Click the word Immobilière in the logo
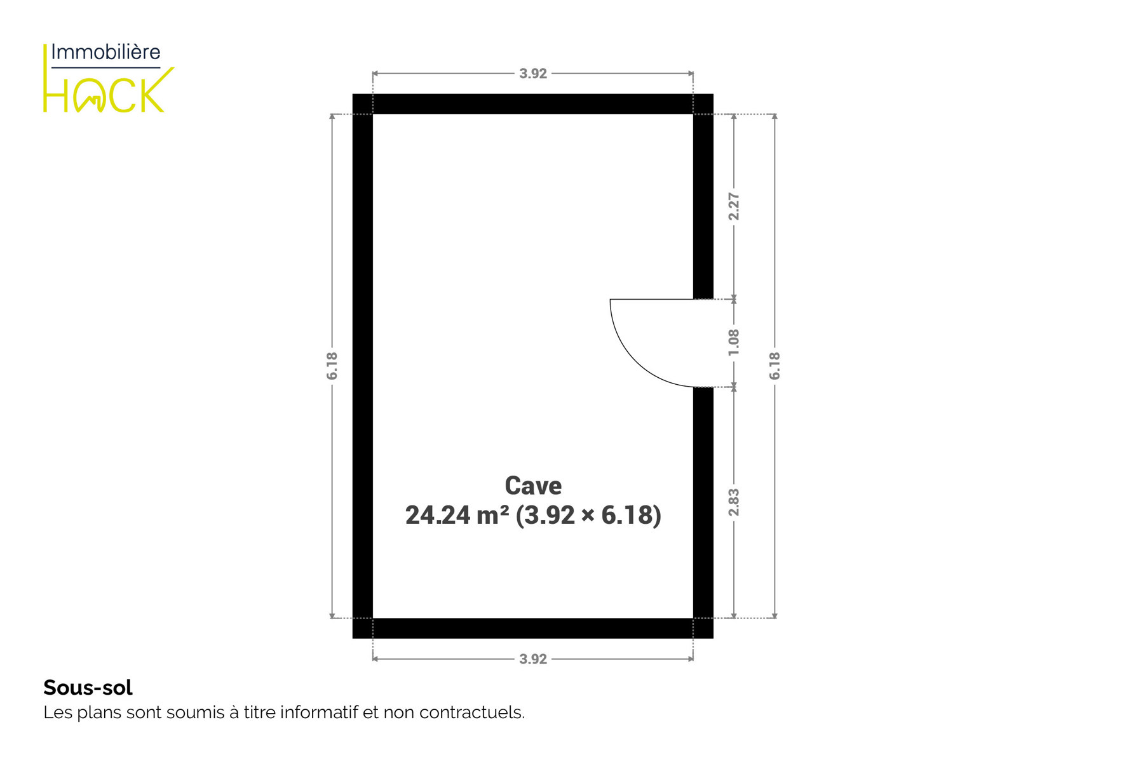(105, 52)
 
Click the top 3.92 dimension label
(532, 74)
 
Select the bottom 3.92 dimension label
(532, 659)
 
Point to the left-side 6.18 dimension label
(332, 366)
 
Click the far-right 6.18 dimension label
(774, 366)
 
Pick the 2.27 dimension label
(734, 206)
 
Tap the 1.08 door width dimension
(734, 342)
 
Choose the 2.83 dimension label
(734, 502)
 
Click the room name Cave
(533, 486)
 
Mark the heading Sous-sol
(88, 688)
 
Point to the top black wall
(532, 104)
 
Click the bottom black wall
(532, 628)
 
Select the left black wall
(363, 366)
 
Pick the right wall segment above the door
(703, 197)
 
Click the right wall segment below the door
(703, 512)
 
